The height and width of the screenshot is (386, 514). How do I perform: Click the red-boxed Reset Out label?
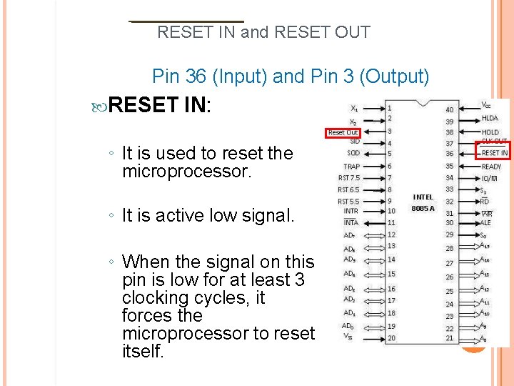click(x=343, y=132)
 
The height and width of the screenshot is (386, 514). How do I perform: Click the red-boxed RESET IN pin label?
click(x=494, y=152)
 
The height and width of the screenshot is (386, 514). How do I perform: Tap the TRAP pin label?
click(x=351, y=166)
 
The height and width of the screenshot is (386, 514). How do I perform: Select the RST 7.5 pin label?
click(x=348, y=178)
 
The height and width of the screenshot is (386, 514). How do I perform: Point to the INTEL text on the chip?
click(x=423, y=197)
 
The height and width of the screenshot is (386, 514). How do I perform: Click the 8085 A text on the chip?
click(x=423, y=208)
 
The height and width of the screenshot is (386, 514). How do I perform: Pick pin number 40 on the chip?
click(x=449, y=109)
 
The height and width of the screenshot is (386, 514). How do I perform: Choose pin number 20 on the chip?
click(x=390, y=337)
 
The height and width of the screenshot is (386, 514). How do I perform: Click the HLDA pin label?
click(x=490, y=118)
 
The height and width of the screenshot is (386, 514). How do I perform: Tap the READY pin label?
click(x=491, y=167)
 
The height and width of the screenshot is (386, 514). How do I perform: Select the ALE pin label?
click(x=485, y=222)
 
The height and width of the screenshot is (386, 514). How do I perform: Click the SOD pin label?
click(x=353, y=153)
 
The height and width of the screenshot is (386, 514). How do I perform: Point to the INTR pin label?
click(x=351, y=211)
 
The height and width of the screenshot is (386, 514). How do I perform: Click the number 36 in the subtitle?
click(x=196, y=76)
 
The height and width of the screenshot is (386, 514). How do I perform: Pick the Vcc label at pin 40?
click(x=485, y=104)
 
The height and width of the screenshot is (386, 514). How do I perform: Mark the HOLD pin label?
click(x=490, y=132)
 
